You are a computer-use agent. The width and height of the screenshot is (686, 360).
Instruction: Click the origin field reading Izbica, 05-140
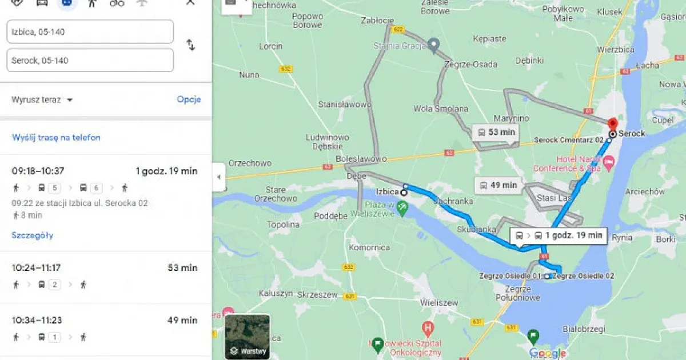pyautogui.click(x=90, y=32)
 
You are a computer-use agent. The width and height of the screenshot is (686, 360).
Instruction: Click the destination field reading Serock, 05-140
pyautogui.click(x=90, y=61)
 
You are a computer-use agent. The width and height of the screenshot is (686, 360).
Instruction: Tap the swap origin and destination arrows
pyautogui.click(x=191, y=45)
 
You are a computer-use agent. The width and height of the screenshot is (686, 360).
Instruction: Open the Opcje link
pyautogui.click(x=189, y=99)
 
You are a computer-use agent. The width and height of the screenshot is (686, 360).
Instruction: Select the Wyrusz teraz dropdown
pyautogui.click(x=42, y=100)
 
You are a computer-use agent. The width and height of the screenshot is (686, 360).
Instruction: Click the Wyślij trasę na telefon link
pyautogui.click(x=56, y=137)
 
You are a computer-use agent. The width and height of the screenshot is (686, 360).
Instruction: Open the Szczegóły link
pyautogui.click(x=33, y=235)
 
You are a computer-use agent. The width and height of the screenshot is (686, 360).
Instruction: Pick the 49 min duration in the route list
pyautogui.click(x=182, y=320)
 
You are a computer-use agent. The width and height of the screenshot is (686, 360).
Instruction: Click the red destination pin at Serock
pyautogui.click(x=612, y=124)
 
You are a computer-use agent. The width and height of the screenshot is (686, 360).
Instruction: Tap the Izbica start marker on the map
pyautogui.click(x=404, y=193)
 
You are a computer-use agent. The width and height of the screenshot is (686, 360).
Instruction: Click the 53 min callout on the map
pyautogui.click(x=496, y=132)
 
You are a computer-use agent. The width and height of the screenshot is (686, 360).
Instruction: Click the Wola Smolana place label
pyautogui.click(x=441, y=109)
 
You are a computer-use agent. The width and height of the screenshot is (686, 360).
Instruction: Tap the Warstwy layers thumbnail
pyautogui.click(x=248, y=336)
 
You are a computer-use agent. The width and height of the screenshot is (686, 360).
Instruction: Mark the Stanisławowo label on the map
pyautogui.click(x=345, y=105)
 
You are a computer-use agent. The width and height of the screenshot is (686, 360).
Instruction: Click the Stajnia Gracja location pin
pyautogui.click(x=434, y=45)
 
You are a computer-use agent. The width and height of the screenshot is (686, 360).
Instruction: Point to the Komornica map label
pyautogui.click(x=369, y=247)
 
